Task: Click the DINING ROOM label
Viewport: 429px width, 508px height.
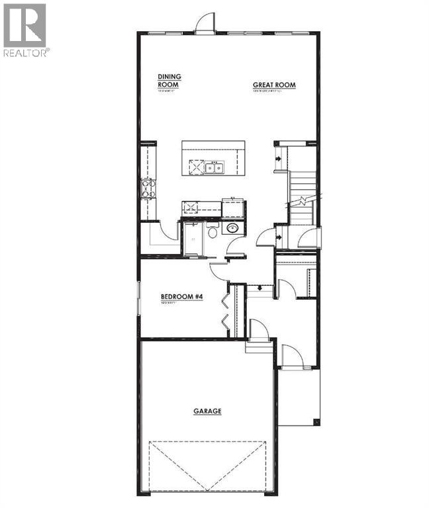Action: coord(169,81)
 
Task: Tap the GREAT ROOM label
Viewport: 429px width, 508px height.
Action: coord(274,85)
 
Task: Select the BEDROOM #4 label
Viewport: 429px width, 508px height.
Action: coord(181,297)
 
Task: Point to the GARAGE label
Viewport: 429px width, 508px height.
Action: coord(207,411)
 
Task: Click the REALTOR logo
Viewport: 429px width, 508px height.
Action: coord(25,30)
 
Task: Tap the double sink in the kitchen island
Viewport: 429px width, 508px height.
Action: coord(213,167)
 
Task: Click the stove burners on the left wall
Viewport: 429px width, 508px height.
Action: coord(148,189)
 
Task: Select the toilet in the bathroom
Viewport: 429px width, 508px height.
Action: coord(212,232)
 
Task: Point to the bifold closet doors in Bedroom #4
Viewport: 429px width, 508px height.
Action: coord(226,311)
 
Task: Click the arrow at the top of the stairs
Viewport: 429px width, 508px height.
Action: coord(281,159)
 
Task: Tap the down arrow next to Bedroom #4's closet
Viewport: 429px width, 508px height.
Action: coord(258,287)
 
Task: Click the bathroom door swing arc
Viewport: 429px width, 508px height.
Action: coord(235,249)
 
